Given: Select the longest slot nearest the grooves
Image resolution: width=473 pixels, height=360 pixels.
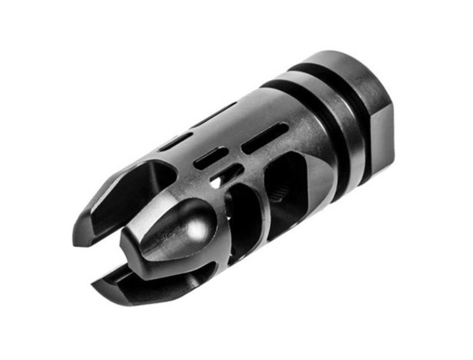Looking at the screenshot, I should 264,138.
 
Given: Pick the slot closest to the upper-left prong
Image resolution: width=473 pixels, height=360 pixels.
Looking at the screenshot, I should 175,142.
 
